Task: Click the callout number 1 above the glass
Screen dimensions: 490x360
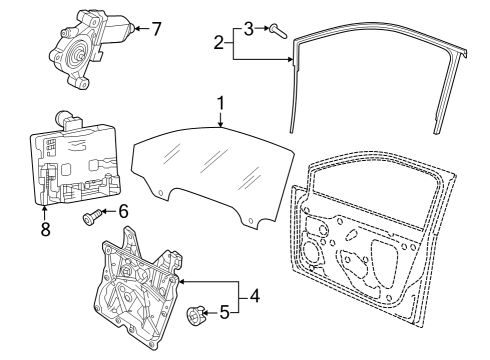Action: [x=220, y=103]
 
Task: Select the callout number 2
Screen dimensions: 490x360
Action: [x=219, y=43]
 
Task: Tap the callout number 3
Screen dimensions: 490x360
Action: [x=249, y=29]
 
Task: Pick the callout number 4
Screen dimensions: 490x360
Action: [x=255, y=296]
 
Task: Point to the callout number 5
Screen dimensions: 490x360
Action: [x=225, y=313]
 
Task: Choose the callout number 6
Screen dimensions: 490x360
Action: [x=123, y=211]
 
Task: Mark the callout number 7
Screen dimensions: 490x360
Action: [x=156, y=29]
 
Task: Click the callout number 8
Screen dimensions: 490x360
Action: [x=46, y=229]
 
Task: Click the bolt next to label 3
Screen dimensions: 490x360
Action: [x=278, y=30]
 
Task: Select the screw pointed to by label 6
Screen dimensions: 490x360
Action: [x=91, y=217]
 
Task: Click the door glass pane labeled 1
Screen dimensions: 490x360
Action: [x=212, y=173]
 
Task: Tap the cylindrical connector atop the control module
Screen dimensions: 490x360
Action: [x=62, y=116]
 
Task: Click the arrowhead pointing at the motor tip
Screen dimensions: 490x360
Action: [x=137, y=29]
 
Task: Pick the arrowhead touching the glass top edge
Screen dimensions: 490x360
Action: [x=220, y=124]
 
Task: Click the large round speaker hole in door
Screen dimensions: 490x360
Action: [x=312, y=251]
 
